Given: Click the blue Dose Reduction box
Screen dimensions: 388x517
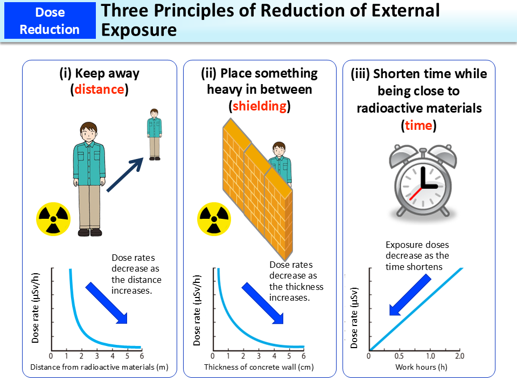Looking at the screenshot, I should [x=50, y=20].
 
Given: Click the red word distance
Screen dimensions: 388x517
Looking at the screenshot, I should [x=99, y=89].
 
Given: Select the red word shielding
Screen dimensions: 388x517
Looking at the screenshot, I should [x=259, y=106].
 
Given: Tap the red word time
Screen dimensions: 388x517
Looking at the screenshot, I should [x=418, y=126].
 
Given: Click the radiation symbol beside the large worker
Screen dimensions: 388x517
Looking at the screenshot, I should [x=53, y=219].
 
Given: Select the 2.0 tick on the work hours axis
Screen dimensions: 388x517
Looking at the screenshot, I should [x=459, y=357].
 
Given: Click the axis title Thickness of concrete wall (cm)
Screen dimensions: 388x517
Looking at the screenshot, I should [x=258, y=368].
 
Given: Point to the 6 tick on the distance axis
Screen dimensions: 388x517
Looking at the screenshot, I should [x=141, y=356].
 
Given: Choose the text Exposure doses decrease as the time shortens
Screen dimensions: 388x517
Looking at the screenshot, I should [x=417, y=255].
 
